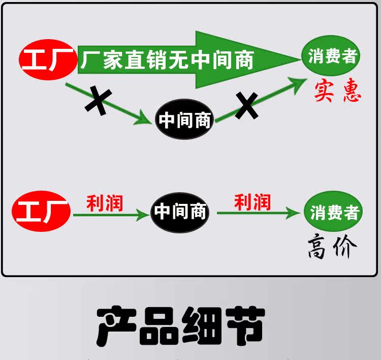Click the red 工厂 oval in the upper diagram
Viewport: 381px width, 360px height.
click(44, 60)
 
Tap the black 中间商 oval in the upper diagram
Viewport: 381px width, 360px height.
click(184, 120)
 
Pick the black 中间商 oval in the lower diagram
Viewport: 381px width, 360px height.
click(180, 212)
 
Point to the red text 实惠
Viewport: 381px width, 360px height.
click(337, 91)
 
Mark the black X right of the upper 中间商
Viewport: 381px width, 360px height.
click(246, 105)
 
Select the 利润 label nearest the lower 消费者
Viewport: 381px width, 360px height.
click(252, 202)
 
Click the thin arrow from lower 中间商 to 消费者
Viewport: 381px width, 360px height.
click(259, 213)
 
